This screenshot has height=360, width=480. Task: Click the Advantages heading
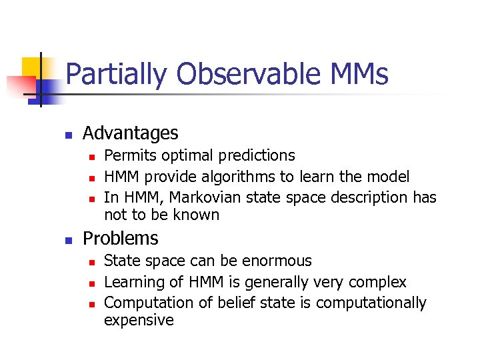(x=130, y=133)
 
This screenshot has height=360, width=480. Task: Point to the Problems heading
(x=120, y=239)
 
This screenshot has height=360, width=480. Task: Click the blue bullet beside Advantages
(x=68, y=135)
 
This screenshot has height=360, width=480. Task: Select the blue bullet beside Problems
(x=68, y=240)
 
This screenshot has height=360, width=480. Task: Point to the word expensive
(x=139, y=321)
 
